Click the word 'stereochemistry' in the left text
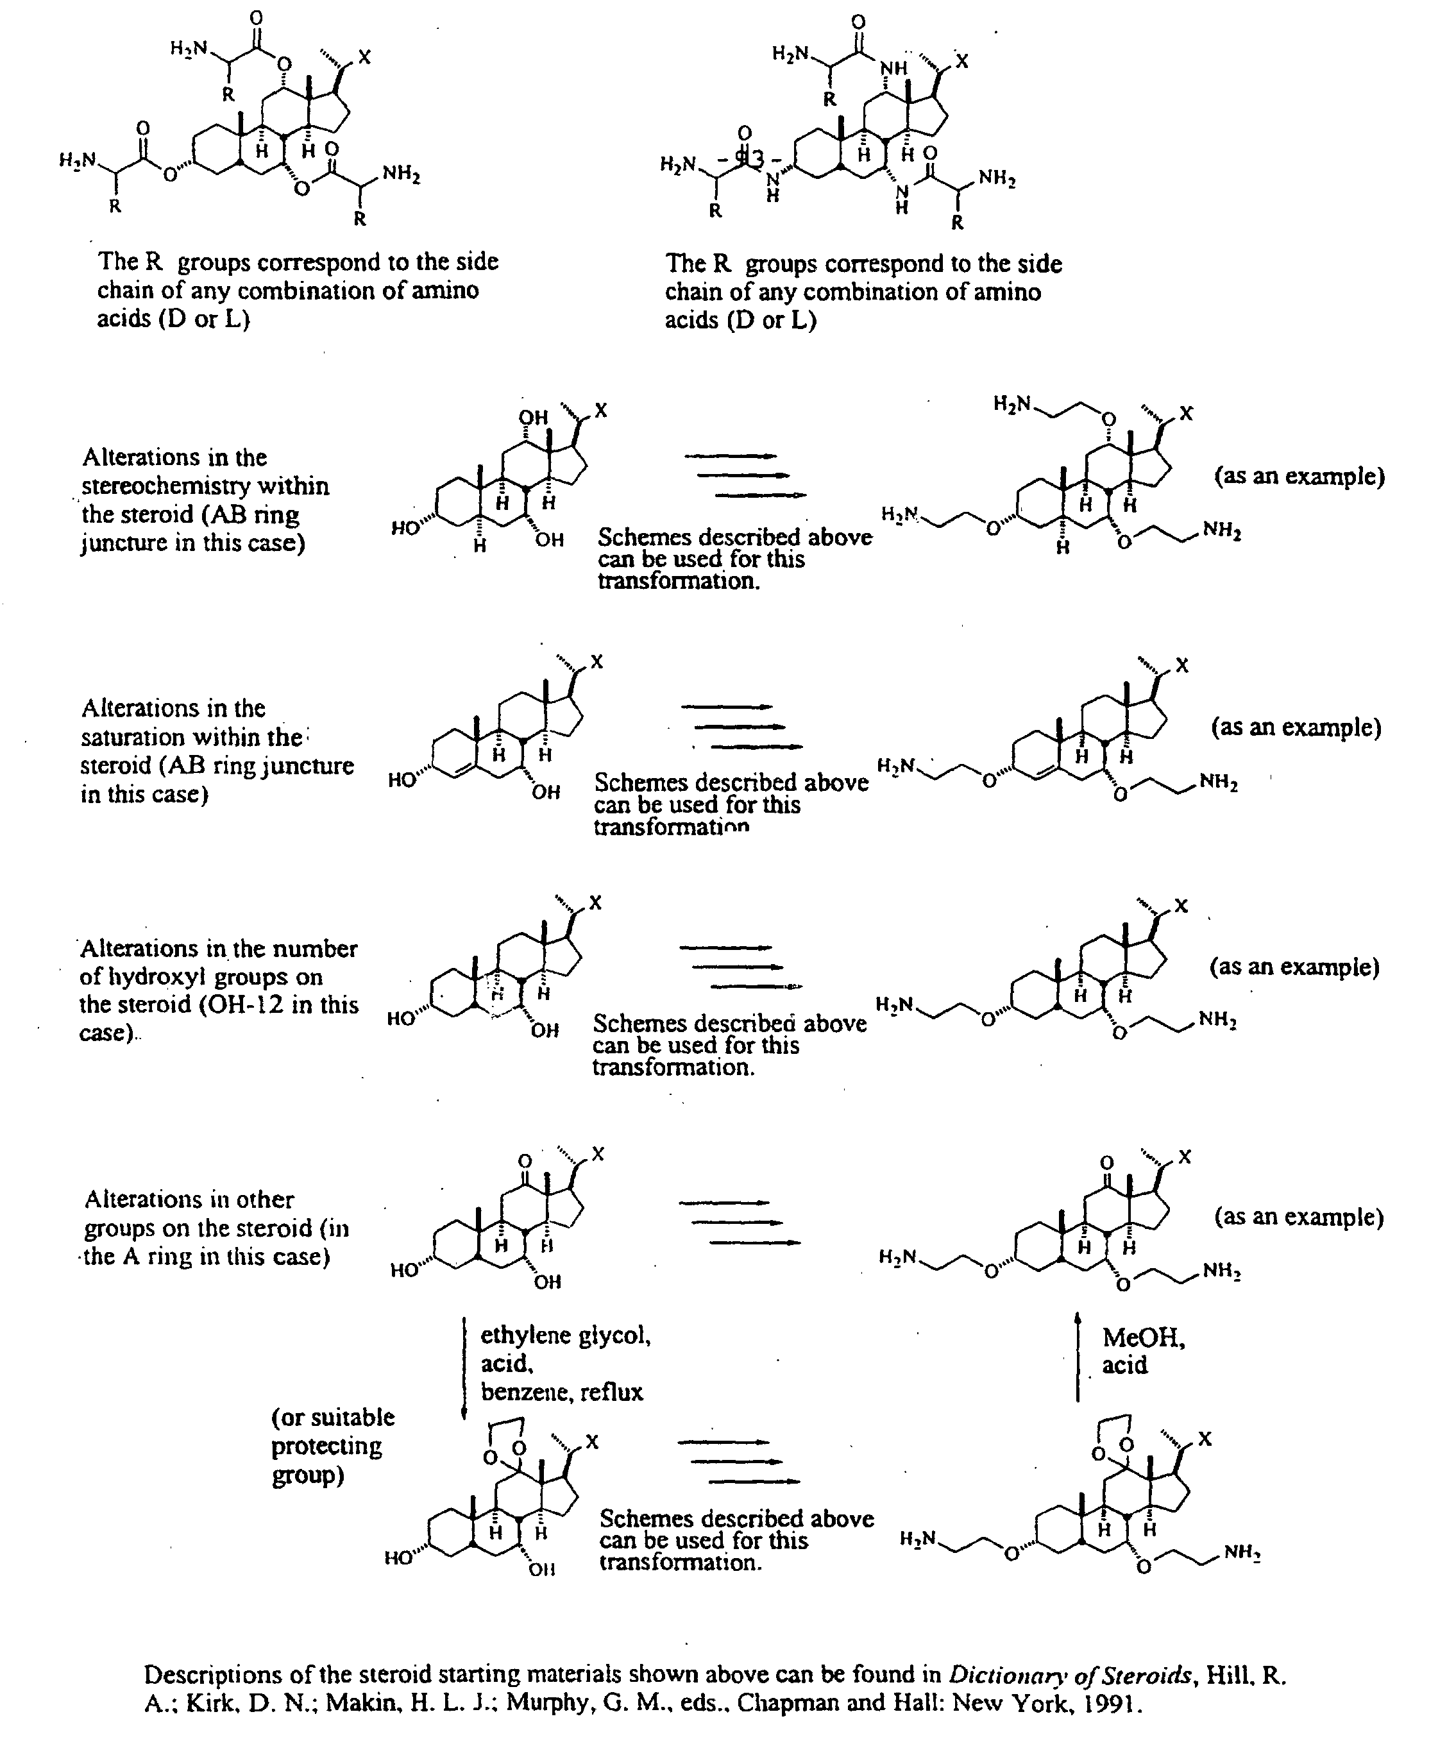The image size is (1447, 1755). coord(205,486)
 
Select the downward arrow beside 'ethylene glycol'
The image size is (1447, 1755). coord(464,1368)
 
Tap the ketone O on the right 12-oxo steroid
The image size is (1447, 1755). coord(1106,1162)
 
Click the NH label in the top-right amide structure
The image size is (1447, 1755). coord(894,69)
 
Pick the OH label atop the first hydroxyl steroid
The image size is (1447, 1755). coord(534,418)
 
